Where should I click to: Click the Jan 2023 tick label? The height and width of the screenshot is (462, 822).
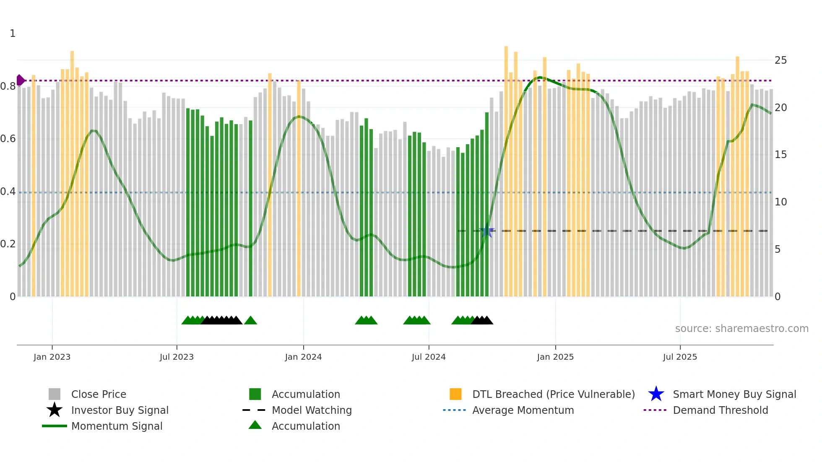(52, 357)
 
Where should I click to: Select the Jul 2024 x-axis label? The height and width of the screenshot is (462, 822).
(429, 357)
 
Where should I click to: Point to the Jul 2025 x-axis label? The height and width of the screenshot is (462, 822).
(680, 357)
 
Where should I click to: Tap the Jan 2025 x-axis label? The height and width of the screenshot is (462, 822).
(555, 357)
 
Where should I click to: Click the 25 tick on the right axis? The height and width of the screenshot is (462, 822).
(780, 60)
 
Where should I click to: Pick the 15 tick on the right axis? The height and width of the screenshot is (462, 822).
(780, 155)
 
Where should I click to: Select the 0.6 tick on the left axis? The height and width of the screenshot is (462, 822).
(8, 139)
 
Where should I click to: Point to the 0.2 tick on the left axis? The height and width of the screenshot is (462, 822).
(8, 244)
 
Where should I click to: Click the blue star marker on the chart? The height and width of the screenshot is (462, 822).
(487, 231)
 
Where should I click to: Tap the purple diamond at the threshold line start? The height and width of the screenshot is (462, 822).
(20, 80)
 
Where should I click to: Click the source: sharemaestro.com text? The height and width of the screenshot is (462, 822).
(741, 329)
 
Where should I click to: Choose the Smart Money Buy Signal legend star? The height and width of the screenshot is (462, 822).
(656, 394)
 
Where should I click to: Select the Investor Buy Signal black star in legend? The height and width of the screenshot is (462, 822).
(55, 410)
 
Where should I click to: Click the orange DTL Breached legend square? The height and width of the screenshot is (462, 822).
(455, 394)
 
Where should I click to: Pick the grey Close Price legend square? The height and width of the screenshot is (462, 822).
(55, 394)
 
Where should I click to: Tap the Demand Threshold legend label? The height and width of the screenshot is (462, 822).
(720, 410)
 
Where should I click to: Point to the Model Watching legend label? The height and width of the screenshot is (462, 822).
(312, 410)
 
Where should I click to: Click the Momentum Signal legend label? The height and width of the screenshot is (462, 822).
(117, 426)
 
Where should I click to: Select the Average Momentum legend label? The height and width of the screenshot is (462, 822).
(523, 410)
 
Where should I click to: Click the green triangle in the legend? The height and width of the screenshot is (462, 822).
(255, 425)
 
